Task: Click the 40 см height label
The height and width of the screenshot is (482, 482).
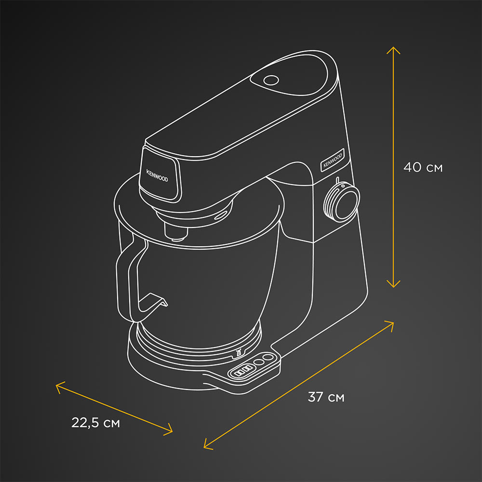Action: (x=423, y=168)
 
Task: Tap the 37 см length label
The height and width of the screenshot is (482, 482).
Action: (x=326, y=398)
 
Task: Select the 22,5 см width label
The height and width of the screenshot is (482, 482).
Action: (x=95, y=423)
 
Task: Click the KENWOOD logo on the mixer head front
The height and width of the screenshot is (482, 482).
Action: (x=157, y=175)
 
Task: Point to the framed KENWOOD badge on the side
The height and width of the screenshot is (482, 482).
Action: (x=332, y=160)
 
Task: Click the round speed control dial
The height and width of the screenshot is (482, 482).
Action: (x=342, y=202)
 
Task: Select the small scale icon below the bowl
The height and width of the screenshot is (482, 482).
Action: (x=238, y=355)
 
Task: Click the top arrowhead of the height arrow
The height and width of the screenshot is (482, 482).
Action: (x=394, y=48)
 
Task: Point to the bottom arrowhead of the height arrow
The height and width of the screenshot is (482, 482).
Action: (x=394, y=286)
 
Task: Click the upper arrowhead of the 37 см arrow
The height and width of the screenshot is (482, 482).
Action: (x=391, y=322)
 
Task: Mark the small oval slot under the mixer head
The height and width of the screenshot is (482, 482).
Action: (x=222, y=215)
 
